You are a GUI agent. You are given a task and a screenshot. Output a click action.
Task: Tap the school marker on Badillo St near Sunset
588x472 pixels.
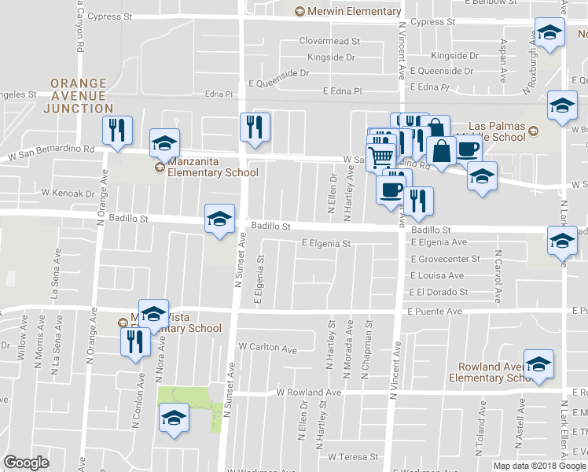(x=219, y=218)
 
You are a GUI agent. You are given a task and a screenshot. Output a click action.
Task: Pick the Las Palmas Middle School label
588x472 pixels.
(x=496, y=131)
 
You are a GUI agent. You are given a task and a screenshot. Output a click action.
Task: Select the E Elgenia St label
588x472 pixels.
(x=325, y=244)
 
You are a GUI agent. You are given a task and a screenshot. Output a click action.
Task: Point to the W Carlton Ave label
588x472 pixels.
(x=268, y=347)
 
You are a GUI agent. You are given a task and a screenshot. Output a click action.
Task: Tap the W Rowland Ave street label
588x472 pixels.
(x=309, y=392)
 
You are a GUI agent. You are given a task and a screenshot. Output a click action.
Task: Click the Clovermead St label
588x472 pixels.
(x=329, y=41)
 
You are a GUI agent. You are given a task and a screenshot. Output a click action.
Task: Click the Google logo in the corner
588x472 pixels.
(x=26, y=463)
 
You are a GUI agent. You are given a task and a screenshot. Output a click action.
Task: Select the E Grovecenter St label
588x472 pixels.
(x=444, y=259)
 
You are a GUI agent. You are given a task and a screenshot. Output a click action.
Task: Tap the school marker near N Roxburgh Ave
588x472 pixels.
(x=550, y=33)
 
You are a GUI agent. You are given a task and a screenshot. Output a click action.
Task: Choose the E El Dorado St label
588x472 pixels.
(x=439, y=292)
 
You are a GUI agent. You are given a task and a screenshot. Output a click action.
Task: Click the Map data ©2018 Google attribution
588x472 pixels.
(x=540, y=466)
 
